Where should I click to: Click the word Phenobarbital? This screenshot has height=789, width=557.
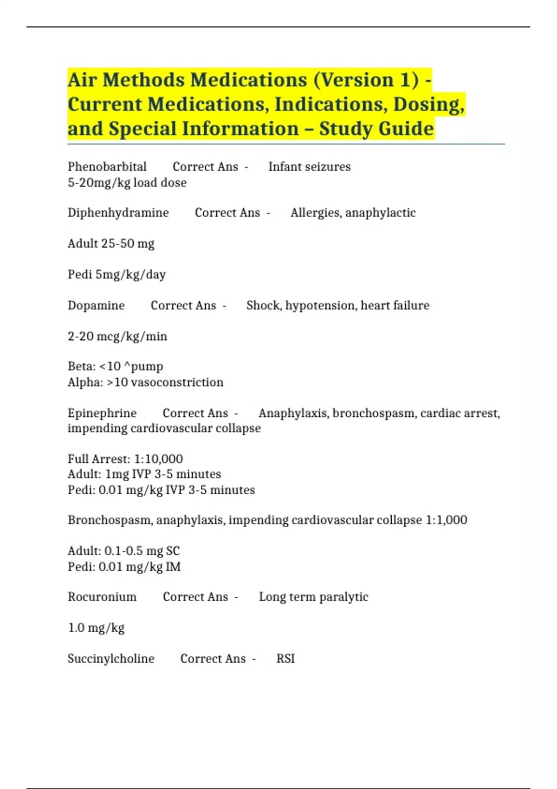(x=107, y=167)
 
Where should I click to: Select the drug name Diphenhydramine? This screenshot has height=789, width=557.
(x=118, y=213)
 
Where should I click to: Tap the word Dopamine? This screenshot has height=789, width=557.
(x=96, y=305)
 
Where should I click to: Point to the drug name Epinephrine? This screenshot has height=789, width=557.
(x=102, y=413)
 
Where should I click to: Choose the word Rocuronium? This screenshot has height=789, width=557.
(x=102, y=597)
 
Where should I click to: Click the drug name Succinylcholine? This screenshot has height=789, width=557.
(x=111, y=659)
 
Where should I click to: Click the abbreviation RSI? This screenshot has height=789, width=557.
(x=285, y=659)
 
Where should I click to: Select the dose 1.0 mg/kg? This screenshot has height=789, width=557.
(x=96, y=628)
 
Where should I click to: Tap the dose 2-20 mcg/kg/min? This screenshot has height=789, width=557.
(x=117, y=336)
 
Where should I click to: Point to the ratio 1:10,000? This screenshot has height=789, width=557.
(x=158, y=459)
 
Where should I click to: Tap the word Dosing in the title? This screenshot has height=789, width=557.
(x=429, y=104)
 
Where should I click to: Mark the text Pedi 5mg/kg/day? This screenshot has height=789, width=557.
(x=117, y=275)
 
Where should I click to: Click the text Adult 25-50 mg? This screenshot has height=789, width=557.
(x=111, y=244)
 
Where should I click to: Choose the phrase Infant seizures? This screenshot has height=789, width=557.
(x=310, y=167)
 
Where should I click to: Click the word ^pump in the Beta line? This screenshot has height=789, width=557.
(x=143, y=367)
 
